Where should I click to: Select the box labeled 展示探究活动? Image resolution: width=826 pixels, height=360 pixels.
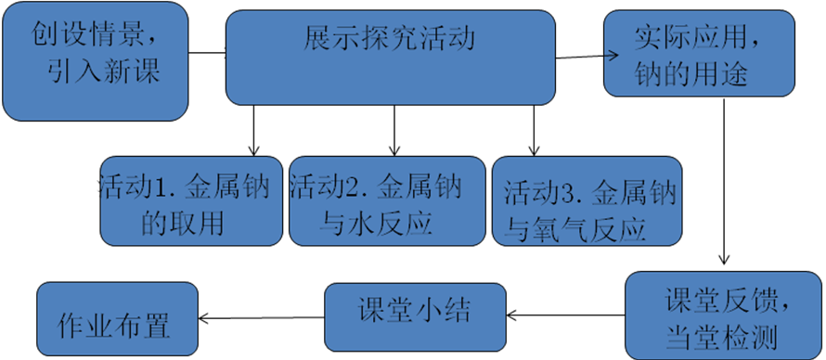point(391,58)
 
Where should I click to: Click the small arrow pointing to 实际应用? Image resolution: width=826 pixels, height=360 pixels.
point(612,54)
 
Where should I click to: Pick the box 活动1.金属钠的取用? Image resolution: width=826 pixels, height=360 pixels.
point(191,201)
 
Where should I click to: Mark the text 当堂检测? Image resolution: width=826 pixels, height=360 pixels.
point(721,334)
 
